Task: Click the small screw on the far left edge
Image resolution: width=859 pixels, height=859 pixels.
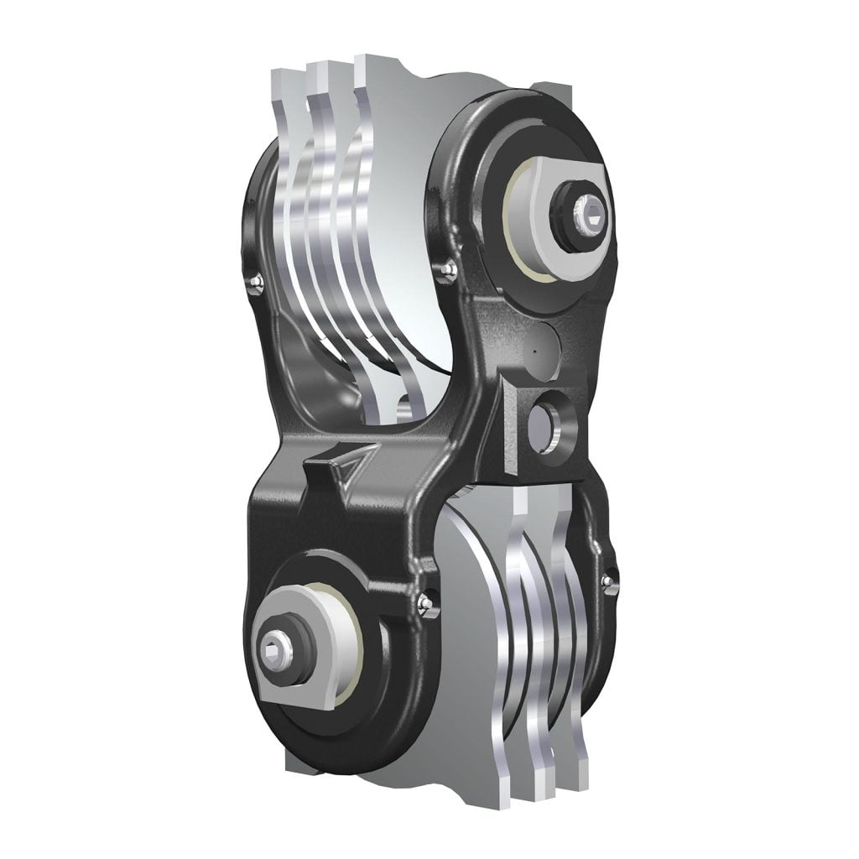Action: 257,284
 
